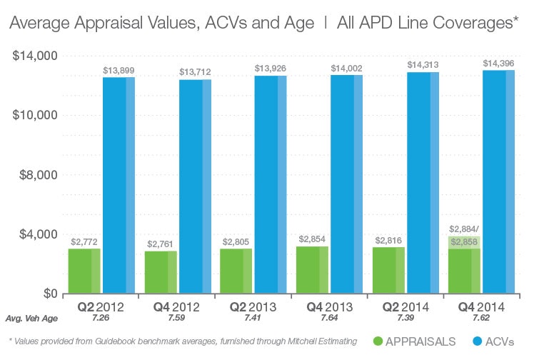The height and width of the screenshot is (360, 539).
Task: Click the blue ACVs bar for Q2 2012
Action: [119, 185]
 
